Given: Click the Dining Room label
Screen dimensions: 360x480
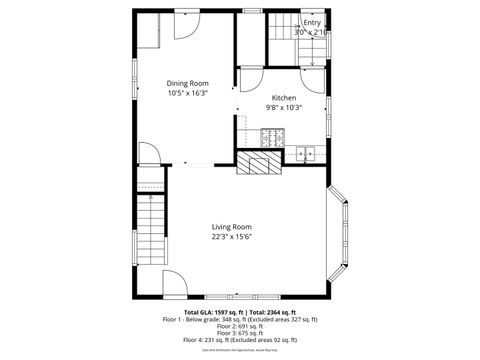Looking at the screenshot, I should (x=187, y=83).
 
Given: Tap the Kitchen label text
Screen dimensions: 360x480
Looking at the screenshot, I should (x=284, y=97).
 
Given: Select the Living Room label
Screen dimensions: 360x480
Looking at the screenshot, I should (x=231, y=227).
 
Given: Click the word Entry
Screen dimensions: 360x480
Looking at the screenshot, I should (x=312, y=21).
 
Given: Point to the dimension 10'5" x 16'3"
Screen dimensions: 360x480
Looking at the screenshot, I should (x=187, y=93).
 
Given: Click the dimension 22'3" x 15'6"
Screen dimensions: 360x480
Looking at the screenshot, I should (x=231, y=237).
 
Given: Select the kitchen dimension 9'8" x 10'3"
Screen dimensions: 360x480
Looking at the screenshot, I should (x=284, y=107).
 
